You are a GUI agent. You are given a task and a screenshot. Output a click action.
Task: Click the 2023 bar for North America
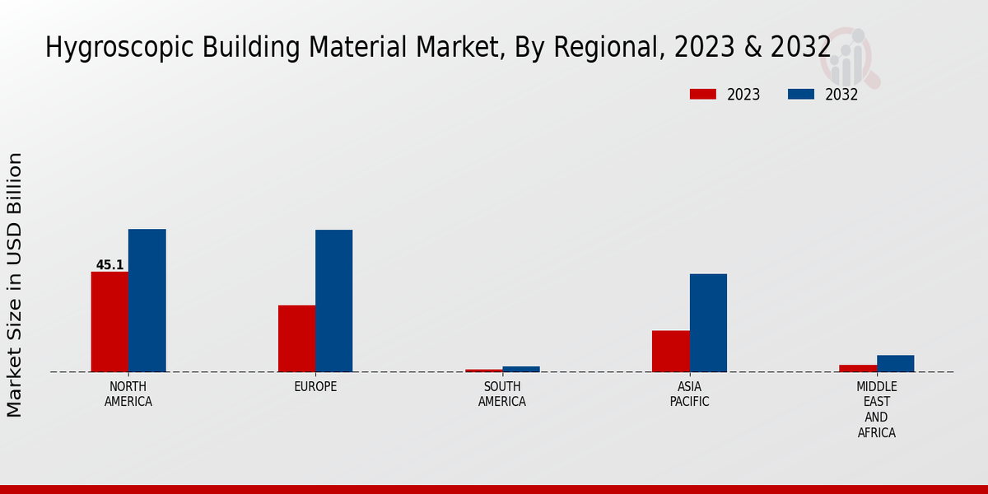(110, 321)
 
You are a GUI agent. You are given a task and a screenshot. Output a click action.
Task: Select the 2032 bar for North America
(147, 301)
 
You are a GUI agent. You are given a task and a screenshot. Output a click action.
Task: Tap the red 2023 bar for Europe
(296, 338)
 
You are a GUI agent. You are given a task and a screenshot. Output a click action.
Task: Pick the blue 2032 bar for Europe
(333, 301)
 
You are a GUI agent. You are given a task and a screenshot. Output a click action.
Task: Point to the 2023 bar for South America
(483, 370)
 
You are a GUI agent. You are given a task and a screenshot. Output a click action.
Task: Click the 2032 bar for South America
(521, 369)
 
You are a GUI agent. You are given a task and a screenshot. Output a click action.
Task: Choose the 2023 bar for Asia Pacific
(670, 351)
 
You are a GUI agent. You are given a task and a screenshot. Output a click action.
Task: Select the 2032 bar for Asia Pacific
(708, 323)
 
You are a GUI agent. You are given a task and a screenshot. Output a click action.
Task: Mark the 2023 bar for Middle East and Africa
(858, 368)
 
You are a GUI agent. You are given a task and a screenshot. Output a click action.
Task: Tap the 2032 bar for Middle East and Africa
(895, 363)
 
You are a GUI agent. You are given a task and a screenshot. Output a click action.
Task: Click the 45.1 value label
(110, 265)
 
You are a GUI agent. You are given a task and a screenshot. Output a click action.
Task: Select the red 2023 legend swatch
(702, 95)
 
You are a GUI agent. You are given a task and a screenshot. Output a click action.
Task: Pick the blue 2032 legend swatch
(800, 95)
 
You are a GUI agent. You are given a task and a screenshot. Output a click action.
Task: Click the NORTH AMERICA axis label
(128, 394)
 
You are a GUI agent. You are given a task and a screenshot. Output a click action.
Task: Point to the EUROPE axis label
(315, 387)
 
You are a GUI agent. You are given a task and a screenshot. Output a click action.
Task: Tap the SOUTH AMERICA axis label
(502, 394)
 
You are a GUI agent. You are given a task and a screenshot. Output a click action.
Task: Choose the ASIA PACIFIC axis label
(689, 394)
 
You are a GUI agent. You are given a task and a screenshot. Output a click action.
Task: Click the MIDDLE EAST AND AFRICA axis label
(876, 410)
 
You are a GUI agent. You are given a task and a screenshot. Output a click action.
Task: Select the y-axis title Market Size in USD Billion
(15, 284)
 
